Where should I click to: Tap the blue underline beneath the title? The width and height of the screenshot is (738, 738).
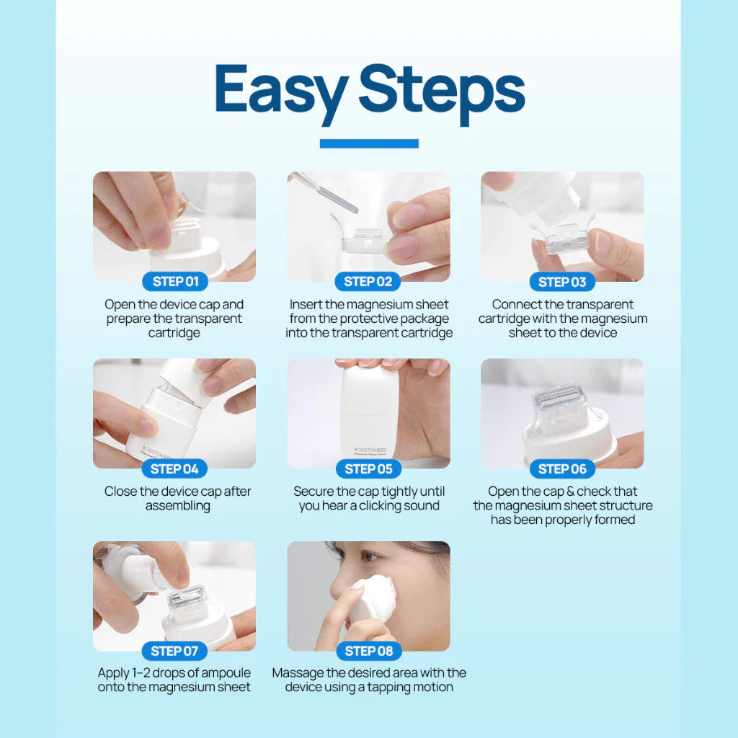[x=369, y=143]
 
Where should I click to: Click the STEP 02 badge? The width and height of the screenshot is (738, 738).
[x=368, y=282]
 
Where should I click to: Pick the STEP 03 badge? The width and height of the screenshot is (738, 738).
[x=562, y=282]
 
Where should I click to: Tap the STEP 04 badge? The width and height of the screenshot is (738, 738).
[x=174, y=469]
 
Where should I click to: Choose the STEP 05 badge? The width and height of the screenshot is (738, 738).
[x=368, y=469]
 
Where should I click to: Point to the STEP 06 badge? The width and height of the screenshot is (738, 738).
[x=562, y=469]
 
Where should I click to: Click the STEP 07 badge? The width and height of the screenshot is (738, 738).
[x=174, y=652]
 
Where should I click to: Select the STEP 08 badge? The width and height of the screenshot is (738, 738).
[x=368, y=652]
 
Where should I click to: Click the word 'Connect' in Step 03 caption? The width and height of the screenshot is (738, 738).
[x=517, y=305]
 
